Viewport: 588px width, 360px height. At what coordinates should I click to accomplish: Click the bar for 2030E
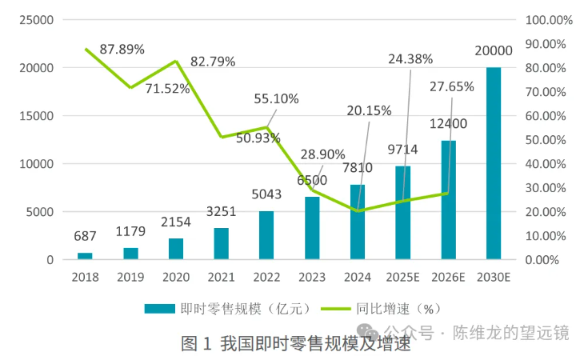(494, 164)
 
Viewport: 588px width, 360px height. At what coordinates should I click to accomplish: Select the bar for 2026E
(448, 200)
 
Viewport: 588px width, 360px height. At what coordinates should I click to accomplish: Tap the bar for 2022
(266, 235)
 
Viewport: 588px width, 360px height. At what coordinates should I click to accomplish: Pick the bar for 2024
(357, 222)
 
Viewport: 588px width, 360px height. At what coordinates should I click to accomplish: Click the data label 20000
(494, 50)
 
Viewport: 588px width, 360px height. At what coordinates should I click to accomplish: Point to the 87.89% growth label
(122, 50)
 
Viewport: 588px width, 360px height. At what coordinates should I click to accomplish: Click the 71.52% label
(167, 88)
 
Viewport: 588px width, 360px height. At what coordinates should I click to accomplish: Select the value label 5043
(266, 194)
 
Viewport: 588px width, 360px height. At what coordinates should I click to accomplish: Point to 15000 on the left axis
(36, 116)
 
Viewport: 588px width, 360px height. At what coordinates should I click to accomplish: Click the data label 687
(85, 237)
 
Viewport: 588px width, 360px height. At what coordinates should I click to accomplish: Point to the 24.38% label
(410, 58)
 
